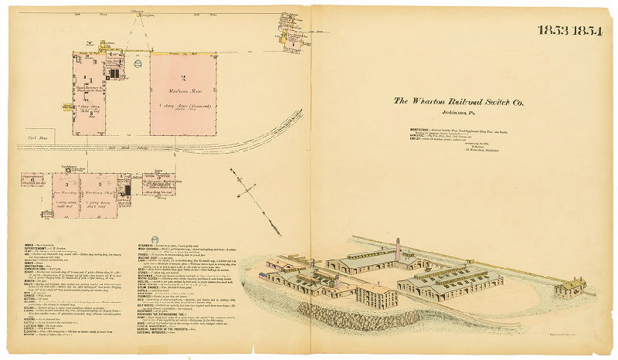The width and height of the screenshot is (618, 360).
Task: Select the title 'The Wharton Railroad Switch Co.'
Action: point(459,100)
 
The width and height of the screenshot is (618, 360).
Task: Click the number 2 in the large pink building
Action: point(183,79)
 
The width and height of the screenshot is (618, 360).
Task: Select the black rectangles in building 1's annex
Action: point(115,73)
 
